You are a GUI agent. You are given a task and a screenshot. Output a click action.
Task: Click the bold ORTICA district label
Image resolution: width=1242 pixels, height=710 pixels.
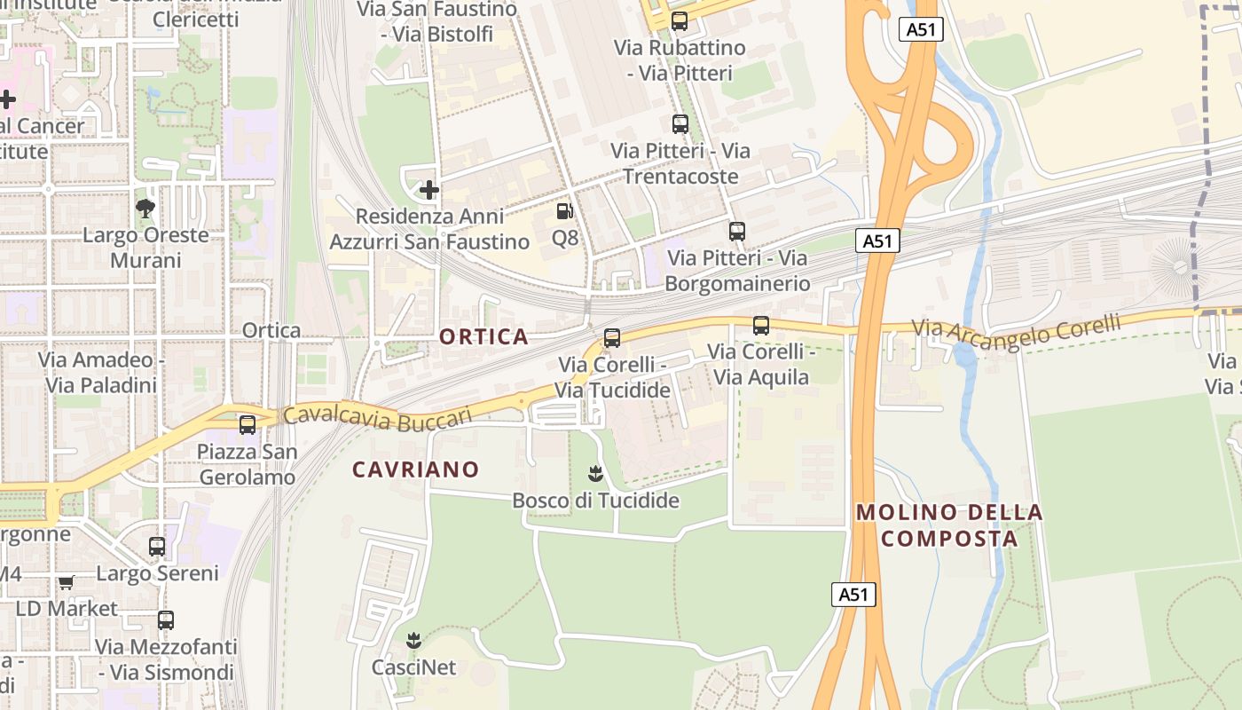(x=483, y=337)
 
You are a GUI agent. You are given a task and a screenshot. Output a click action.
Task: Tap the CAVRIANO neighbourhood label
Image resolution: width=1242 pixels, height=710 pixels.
(x=415, y=469)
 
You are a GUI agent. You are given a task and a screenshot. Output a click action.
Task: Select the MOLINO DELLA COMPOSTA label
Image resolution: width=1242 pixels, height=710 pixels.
(x=949, y=525)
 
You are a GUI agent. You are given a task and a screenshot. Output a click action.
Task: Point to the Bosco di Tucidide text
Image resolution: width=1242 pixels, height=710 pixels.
(x=595, y=501)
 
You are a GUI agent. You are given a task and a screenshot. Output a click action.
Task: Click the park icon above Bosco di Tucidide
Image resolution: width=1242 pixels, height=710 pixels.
(x=595, y=474)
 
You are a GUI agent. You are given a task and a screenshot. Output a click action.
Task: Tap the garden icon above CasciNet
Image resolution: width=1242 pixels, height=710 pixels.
(x=413, y=640)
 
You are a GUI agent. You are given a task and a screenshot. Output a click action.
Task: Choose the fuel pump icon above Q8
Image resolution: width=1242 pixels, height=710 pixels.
(x=564, y=211)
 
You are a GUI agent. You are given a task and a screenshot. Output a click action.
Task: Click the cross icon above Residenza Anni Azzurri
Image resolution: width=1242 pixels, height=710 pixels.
(x=429, y=189)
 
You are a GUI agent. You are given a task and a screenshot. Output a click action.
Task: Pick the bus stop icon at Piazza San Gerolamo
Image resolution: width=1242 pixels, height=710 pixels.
(x=248, y=425)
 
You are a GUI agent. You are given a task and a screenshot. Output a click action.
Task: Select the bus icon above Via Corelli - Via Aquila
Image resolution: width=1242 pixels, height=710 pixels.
(x=761, y=326)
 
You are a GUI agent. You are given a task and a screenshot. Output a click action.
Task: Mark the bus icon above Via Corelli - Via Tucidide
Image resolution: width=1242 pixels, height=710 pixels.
(x=612, y=338)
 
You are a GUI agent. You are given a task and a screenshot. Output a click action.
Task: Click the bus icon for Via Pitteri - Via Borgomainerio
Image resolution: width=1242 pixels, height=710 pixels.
(x=737, y=232)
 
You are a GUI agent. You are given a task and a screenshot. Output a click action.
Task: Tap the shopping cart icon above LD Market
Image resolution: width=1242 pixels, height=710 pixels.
(x=67, y=582)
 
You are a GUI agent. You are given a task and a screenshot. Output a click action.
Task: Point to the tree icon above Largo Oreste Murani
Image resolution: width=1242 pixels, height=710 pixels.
(x=145, y=209)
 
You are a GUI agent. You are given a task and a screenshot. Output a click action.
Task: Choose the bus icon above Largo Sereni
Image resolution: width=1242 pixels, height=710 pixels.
(x=157, y=547)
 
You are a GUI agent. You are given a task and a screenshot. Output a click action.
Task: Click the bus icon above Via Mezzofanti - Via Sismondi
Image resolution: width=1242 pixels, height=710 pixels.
(x=166, y=620)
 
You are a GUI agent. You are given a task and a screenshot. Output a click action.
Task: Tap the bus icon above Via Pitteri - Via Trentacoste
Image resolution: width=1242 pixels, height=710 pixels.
(x=680, y=124)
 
